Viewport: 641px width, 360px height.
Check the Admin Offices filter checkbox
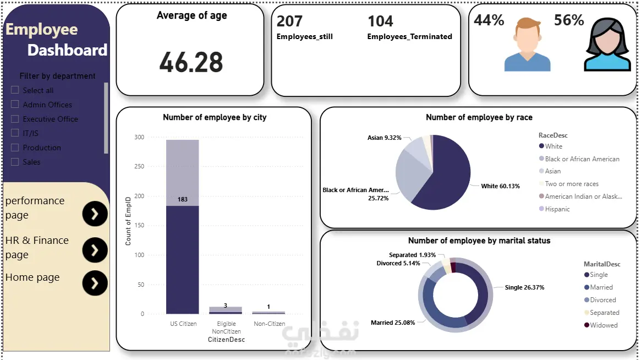pos(15,105)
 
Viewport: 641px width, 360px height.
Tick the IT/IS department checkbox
pos(15,133)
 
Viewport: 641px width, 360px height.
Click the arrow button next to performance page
pos(95,214)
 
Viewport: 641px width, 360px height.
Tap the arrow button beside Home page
pos(95,283)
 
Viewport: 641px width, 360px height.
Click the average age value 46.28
pos(191,62)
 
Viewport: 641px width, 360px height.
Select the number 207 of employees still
pos(289,21)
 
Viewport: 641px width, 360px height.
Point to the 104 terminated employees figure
pos(380,21)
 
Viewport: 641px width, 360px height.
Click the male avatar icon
pos(527,45)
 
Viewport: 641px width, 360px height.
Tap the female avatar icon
pos(607,45)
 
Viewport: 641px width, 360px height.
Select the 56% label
pos(569,20)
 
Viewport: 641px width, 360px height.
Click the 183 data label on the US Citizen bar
pos(183,199)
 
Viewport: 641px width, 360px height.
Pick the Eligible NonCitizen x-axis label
pos(226,328)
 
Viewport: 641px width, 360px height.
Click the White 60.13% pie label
pos(500,186)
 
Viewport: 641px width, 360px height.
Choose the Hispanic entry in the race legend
pos(557,209)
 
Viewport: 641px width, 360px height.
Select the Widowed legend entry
pos(604,325)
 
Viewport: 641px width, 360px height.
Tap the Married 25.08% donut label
pos(393,323)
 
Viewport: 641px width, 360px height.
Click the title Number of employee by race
pos(479,117)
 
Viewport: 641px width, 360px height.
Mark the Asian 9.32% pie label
pos(384,138)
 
